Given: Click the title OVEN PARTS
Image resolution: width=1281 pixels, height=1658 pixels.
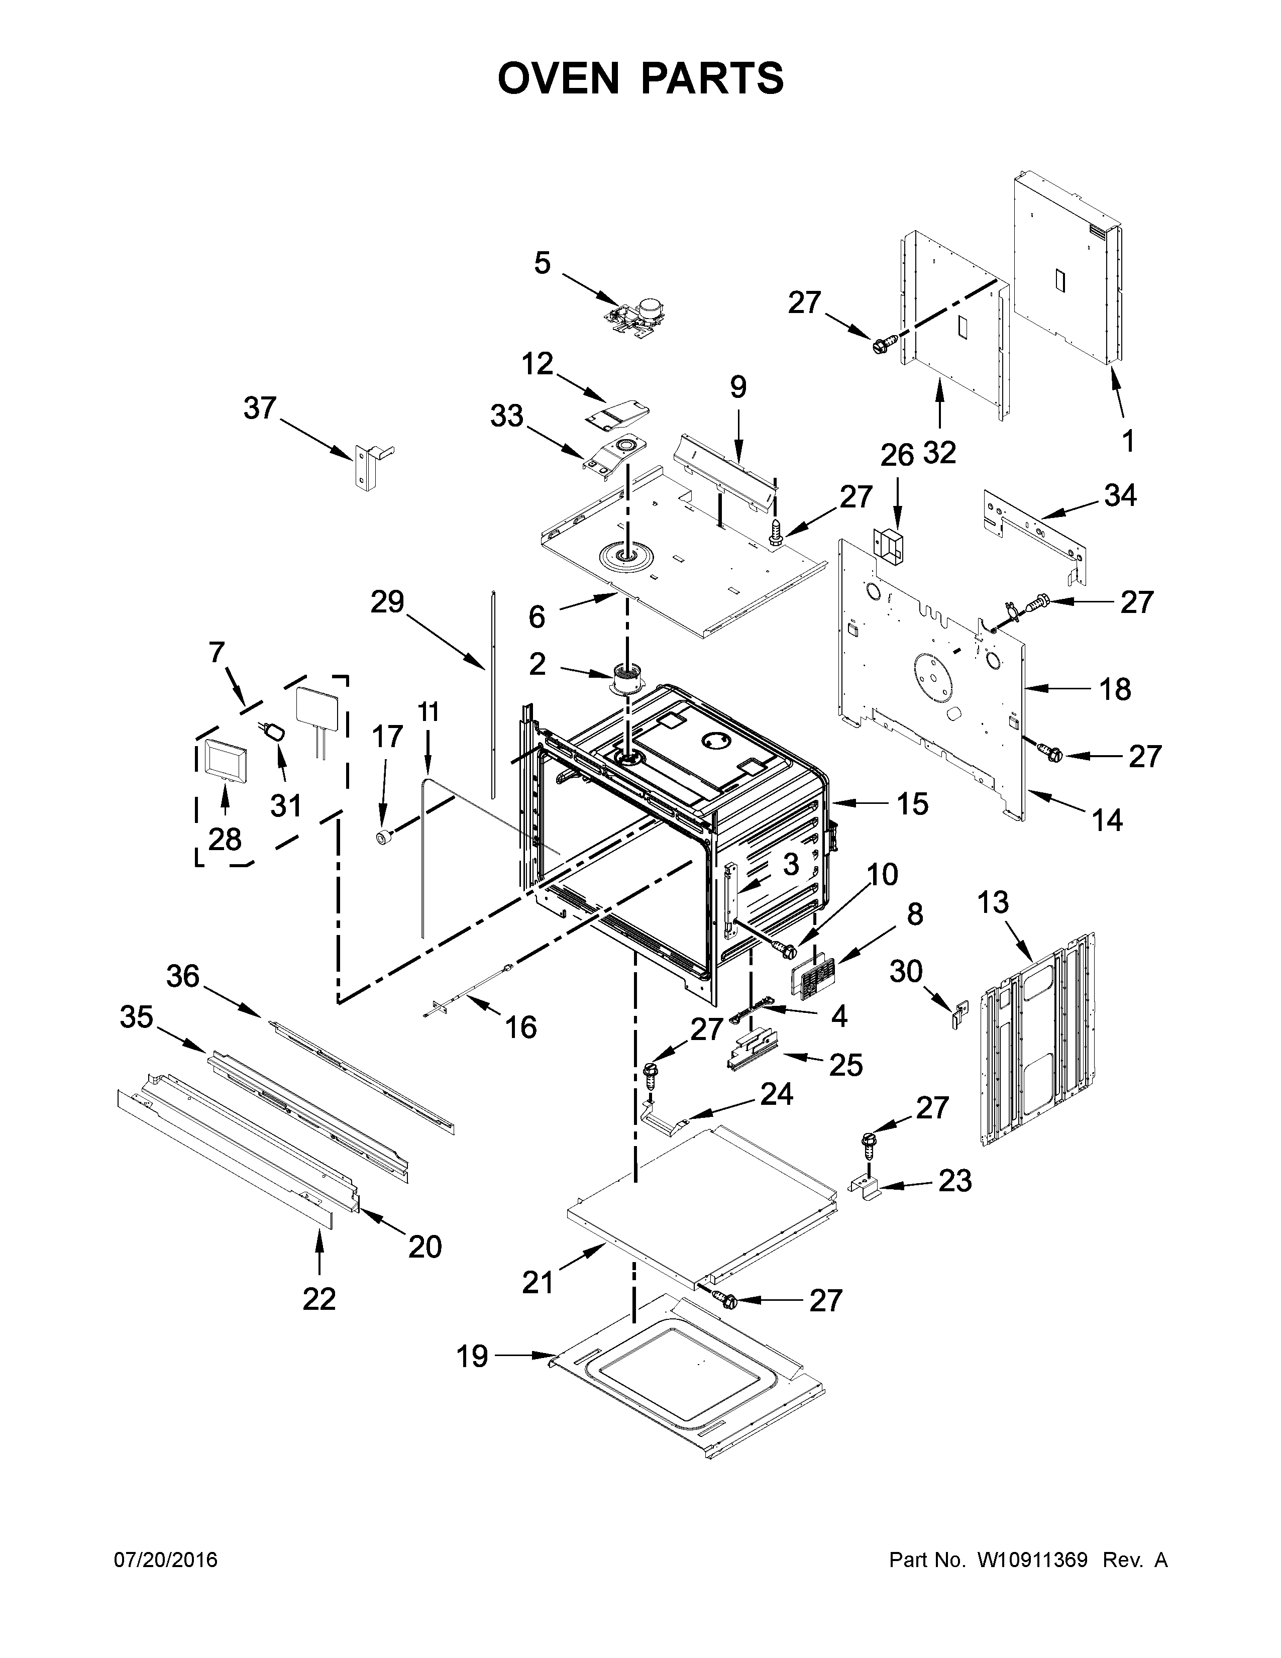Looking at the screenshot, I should (x=639, y=78).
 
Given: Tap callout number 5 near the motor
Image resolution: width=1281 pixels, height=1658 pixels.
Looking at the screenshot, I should (x=542, y=263).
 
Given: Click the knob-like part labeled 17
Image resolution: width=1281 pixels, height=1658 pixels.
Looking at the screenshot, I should (x=385, y=837).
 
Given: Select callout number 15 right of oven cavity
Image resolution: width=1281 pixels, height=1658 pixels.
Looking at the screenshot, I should (x=912, y=803).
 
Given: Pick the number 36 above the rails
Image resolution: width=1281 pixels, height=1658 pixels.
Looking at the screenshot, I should (x=182, y=976).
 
